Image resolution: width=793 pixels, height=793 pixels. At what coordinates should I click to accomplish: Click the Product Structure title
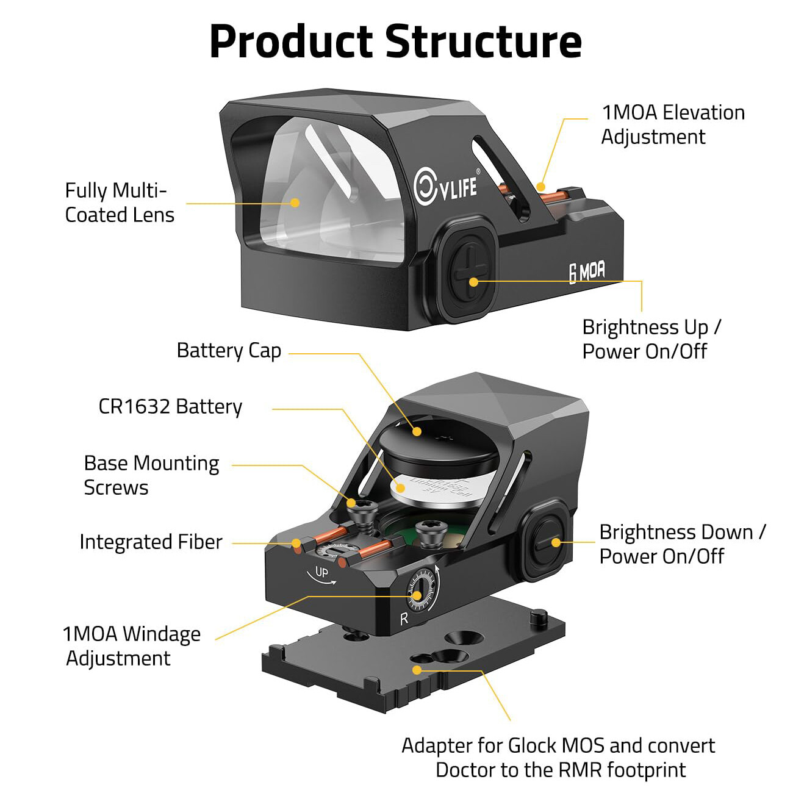click(395, 41)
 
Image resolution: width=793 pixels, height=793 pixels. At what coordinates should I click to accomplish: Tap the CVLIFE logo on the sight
click(446, 185)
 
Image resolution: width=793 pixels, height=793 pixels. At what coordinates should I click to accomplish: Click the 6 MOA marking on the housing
click(587, 272)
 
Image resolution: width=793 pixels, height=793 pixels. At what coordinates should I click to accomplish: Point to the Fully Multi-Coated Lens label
click(120, 203)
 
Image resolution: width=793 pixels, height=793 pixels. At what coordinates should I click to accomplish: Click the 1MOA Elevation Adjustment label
click(672, 124)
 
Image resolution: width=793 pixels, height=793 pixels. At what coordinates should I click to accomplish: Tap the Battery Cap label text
click(229, 351)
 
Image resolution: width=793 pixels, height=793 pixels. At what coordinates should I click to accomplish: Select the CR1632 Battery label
click(170, 407)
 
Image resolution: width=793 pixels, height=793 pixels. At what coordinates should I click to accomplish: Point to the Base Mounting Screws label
click(151, 475)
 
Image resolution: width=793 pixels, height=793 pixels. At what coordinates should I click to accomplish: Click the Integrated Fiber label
click(151, 542)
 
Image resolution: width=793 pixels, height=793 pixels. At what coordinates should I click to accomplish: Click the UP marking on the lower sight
click(321, 573)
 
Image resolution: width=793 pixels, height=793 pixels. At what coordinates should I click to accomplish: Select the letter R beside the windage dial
click(403, 619)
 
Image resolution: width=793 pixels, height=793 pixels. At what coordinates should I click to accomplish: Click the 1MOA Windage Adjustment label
click(131, 646)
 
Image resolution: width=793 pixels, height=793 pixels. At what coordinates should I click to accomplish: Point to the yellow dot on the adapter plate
click(417, 670)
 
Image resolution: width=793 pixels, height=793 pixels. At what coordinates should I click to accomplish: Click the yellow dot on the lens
click(295, 203)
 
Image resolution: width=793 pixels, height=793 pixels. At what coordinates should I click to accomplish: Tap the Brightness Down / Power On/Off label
click(681, 544)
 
